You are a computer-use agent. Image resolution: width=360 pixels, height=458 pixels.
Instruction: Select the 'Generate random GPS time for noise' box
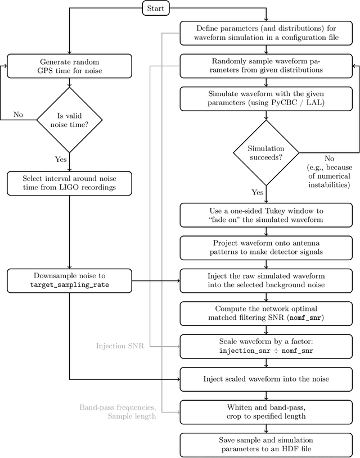coord(69,66)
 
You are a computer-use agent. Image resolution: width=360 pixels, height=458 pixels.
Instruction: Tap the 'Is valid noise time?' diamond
coord(69,119)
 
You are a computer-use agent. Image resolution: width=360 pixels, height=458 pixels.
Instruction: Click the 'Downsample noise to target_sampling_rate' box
coord(69,280)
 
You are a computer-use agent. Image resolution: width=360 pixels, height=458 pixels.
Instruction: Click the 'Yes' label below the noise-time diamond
coord(61,159)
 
